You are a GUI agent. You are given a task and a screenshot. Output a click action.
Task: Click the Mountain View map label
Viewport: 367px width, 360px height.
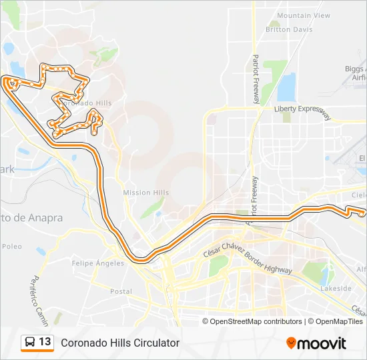304,15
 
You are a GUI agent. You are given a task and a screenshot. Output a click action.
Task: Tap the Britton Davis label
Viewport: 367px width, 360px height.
289,29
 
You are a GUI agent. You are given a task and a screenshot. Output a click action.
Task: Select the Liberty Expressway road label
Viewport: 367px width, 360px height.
302,111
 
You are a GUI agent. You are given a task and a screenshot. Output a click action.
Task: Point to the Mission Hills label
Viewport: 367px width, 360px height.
146,193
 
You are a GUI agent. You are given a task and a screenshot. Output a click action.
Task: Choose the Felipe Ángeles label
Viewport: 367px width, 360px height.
97,263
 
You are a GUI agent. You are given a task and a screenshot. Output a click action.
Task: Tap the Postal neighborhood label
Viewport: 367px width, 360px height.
121,291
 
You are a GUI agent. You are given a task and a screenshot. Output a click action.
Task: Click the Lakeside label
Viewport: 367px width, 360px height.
336,289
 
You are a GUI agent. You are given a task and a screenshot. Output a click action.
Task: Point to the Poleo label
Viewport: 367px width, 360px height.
11,246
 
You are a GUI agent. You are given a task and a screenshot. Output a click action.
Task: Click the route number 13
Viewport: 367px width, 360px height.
45,342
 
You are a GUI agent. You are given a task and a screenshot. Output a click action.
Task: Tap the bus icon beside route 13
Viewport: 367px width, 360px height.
30,343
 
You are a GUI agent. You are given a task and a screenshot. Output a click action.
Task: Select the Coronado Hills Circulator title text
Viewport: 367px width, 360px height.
120,343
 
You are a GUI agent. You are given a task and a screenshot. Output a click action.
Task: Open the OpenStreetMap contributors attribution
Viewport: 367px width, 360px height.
256,321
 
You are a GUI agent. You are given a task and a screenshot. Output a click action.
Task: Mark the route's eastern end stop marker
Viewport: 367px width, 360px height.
361,213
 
